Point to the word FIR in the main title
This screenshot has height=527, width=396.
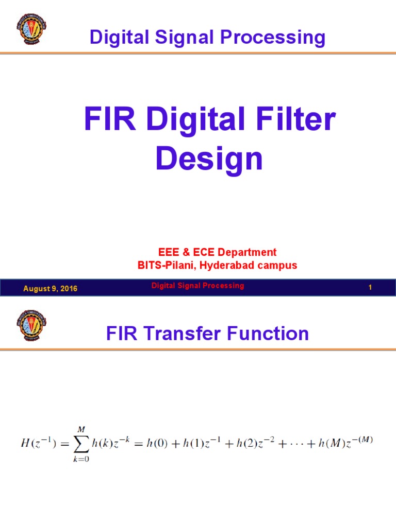tap(109, 120)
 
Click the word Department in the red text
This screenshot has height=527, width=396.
tap(246, 252)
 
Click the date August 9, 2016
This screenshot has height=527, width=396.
tap(50, 289)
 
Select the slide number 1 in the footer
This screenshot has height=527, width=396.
tap(370, 288)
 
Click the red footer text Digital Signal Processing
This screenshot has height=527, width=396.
tap(197, 286)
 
